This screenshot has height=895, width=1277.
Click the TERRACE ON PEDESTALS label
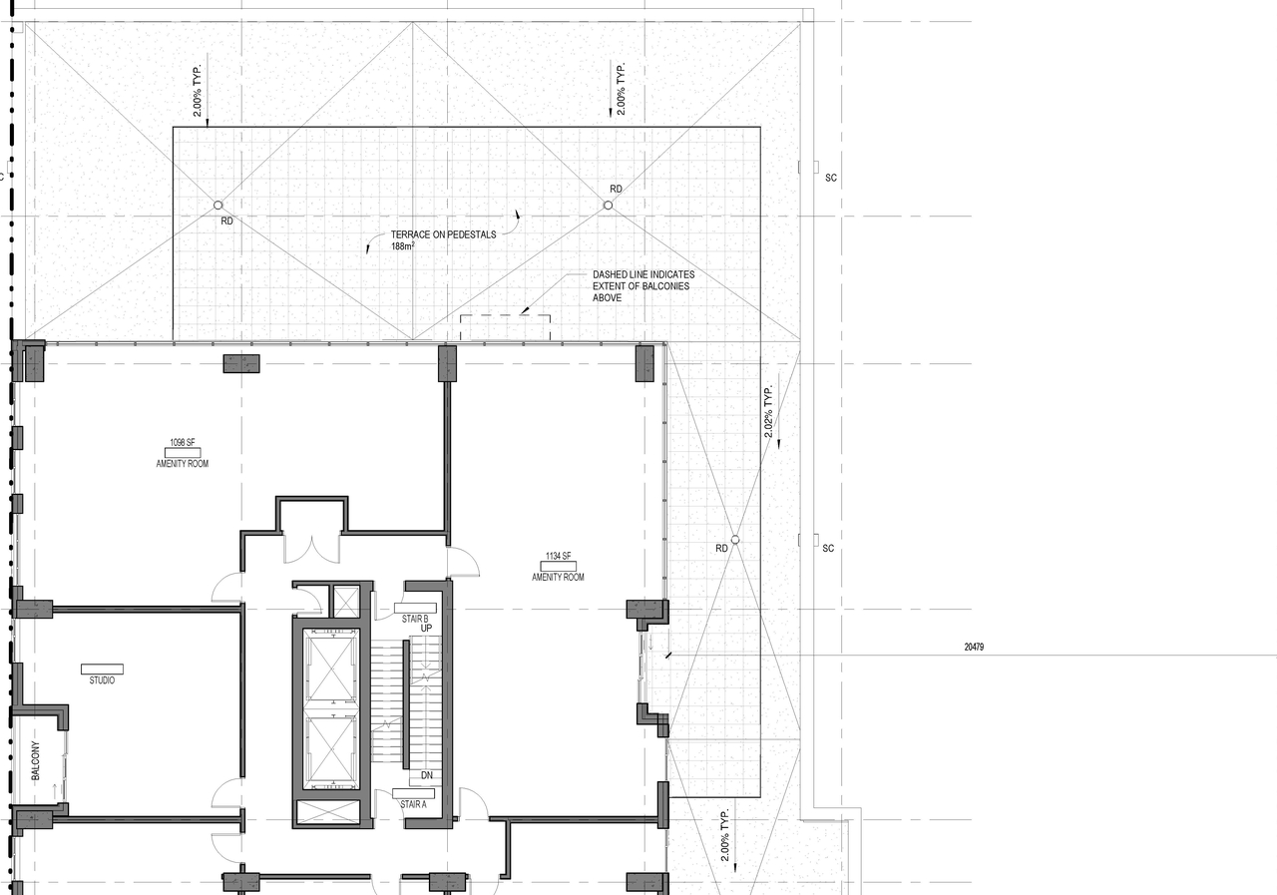(443, 234)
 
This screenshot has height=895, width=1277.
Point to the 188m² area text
(403, 246)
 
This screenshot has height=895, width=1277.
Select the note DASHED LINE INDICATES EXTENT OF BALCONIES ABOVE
(643, 285)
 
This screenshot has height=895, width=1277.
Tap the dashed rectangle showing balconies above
(505, 327)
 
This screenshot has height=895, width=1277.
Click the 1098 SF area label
(183, 442)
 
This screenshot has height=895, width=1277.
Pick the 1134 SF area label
(558, 556)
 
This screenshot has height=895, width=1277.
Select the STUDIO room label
(102, 680)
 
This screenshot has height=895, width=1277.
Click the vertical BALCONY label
(35, 765)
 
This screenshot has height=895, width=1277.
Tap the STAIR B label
(414, 619)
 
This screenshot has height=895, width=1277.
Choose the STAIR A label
(414, 803)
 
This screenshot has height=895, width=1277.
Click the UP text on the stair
(425, 629)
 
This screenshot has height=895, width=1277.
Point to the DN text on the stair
(426, 775)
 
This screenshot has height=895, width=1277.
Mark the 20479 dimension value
(974, 647)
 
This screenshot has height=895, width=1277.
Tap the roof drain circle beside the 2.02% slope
(735, 540)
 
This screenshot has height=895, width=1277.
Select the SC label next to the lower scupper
(828, 548)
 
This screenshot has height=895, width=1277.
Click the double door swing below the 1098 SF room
(312, 548)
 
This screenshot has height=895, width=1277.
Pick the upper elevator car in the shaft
(330, 665)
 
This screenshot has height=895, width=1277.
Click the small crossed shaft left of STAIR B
(345, 601)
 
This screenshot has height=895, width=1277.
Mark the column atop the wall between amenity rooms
(447, 362)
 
